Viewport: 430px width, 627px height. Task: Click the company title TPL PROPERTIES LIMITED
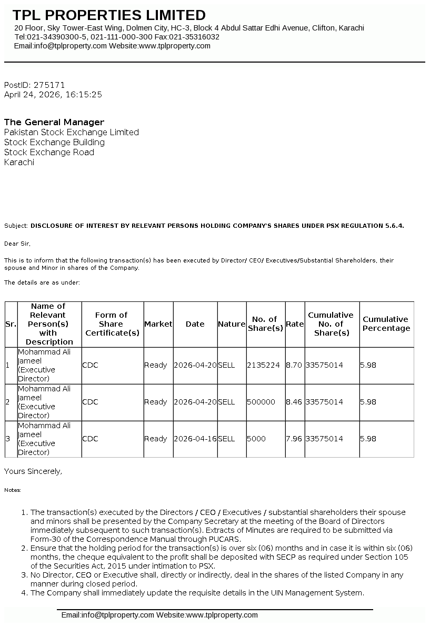pos(109,15)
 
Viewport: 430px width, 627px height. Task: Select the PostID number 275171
pos(49,85)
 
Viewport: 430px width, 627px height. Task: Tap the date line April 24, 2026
pos(53,95)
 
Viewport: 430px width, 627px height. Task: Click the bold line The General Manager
pos(54,122)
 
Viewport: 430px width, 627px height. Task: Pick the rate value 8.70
pos(294,365)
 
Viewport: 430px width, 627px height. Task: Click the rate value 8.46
pos(294,402)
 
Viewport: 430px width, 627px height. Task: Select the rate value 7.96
pos(294,439)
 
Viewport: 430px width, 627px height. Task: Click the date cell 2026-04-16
pos(195,439)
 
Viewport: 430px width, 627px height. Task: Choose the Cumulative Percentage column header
pos(386,323)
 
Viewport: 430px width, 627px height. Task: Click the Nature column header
pos(232,324)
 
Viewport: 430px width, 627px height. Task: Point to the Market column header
pos(158,324)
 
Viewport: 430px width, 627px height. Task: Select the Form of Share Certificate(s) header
pos(112,324)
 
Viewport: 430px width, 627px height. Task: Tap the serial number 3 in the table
pos(7,439)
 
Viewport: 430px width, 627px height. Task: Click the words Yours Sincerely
pos(33,471)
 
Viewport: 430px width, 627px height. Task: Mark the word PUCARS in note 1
pos(225,539)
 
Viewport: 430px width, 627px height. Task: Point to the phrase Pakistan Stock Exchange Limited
pos(72,132)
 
